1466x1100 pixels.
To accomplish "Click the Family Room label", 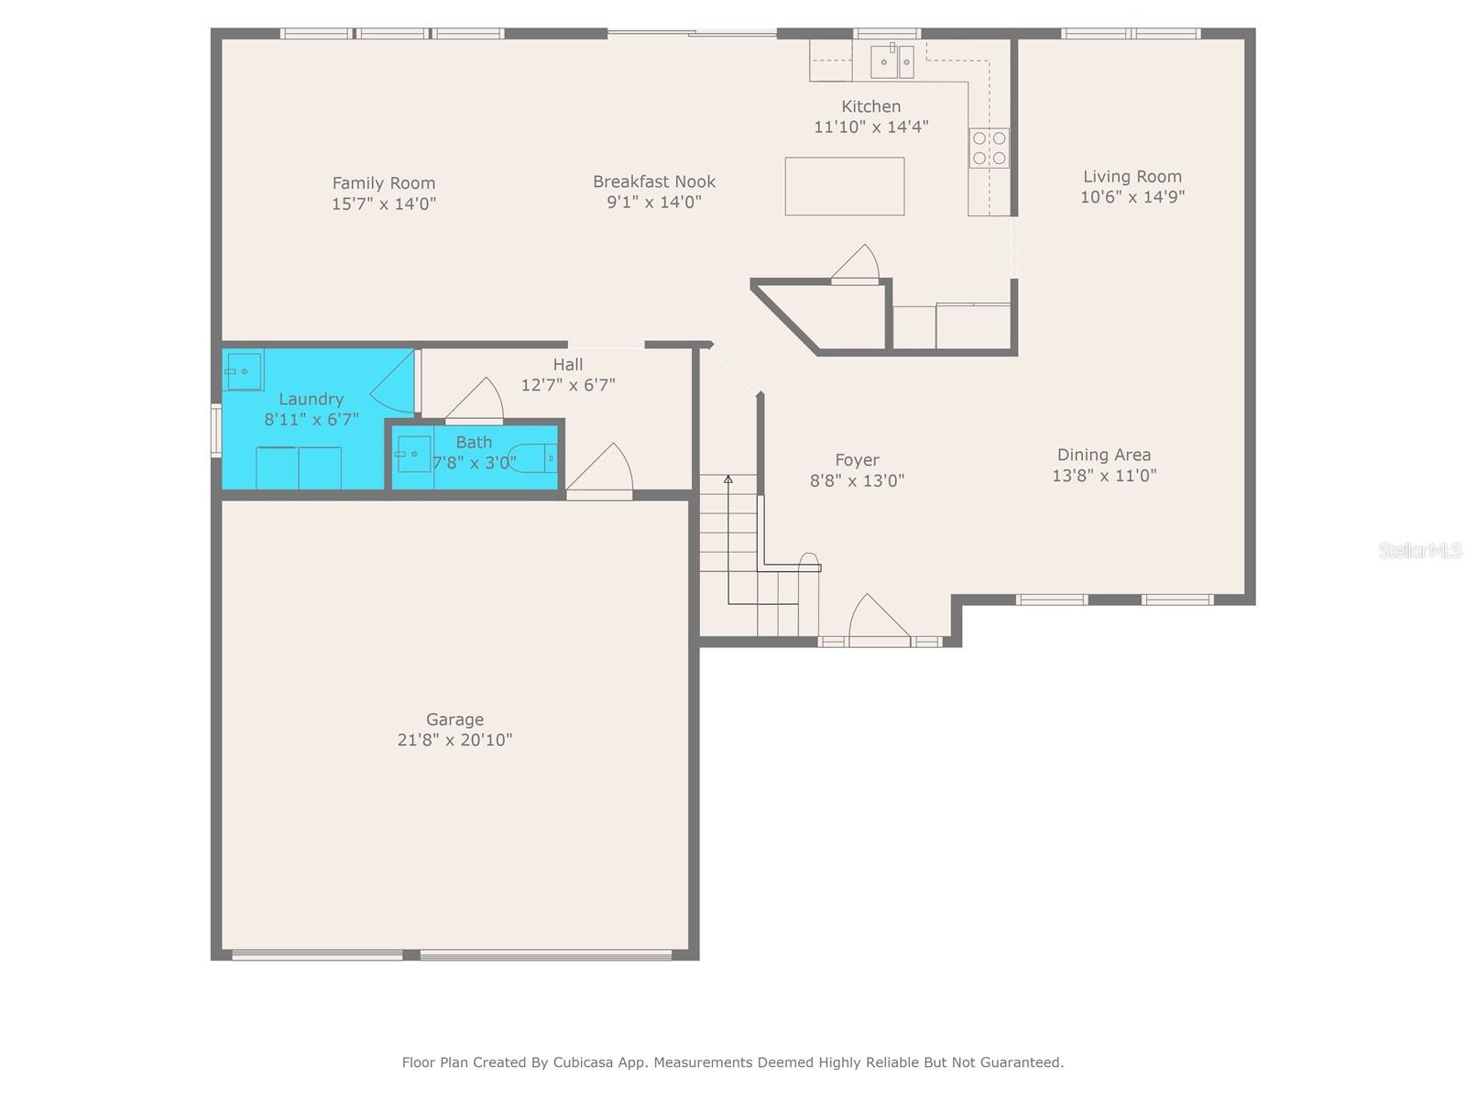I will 383,183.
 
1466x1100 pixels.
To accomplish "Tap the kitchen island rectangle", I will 844,186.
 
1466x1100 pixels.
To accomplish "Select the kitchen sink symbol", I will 892,61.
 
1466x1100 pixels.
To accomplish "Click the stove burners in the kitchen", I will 989,148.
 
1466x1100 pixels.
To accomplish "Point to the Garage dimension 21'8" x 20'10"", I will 454,740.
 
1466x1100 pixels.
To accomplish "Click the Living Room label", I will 1132,177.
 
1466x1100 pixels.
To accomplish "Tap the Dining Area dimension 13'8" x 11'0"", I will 1104,476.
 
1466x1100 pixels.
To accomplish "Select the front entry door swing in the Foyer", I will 877,619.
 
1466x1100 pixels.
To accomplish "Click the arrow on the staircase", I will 728,479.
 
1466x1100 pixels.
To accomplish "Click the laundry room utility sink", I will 244,370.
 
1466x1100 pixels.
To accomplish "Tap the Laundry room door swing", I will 394,381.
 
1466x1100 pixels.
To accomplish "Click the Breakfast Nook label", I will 653,181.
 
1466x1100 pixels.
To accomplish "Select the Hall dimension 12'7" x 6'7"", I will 568,385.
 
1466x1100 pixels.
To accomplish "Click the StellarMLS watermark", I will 1419,550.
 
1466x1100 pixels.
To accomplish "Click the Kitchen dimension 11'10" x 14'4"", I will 870,126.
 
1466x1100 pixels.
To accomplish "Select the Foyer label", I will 857,460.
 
